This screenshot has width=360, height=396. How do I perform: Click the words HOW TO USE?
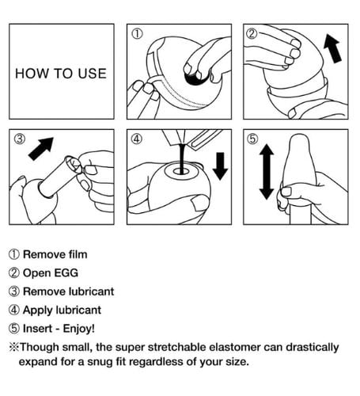coord(61,74)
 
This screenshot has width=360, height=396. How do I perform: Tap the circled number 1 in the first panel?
coord(137,34)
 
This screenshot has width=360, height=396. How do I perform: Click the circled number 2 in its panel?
coord(252,33)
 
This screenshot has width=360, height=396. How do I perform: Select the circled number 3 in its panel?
coord(20,139)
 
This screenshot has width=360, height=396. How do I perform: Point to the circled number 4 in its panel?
coord(137,139)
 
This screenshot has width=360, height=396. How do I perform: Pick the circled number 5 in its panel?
coord(252,139)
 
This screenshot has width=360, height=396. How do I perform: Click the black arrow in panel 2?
coord(332,48)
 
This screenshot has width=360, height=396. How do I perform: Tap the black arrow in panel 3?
coord(41,149)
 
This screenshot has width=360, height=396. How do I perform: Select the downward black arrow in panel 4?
coord(220,166)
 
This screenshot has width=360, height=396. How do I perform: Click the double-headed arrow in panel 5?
coord(267,172)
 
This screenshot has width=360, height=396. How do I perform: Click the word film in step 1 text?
coord(78,254)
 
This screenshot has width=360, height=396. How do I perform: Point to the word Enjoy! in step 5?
coord(78,329)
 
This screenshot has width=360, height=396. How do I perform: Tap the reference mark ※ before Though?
coord(14,347)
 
